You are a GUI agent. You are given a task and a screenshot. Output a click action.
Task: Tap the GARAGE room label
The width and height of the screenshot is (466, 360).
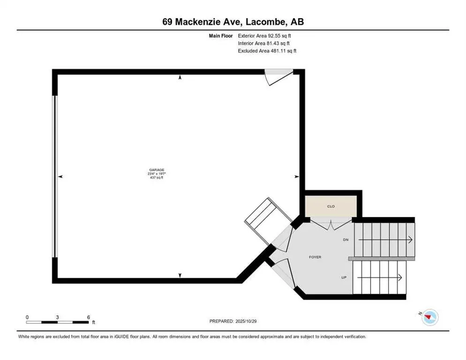[x=157, y=170]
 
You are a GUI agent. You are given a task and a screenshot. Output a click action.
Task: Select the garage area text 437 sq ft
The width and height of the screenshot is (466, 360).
[x=157, y=178]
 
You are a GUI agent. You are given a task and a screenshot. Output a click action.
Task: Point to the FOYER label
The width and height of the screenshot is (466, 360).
[x=315, y=257]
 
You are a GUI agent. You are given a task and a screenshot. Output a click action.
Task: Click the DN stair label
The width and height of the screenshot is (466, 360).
[x=346, y=240]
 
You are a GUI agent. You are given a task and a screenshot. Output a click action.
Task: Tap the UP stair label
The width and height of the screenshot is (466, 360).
[x=344, y=277]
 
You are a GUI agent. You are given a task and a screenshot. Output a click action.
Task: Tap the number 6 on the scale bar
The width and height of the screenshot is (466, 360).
[x=88, y=317]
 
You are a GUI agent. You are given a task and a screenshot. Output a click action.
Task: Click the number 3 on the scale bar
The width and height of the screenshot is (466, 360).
[x=57, y=317]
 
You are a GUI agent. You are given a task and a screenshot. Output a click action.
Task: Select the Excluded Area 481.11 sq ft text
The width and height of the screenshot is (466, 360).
[x=267, y=51]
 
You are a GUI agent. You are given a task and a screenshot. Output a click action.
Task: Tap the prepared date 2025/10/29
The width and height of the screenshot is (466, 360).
[x=233, y=321]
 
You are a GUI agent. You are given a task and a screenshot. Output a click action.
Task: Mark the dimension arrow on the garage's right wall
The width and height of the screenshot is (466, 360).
[x=296, y=176]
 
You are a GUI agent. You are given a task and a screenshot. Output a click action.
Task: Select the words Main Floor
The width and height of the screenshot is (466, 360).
[x=221, y=35]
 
